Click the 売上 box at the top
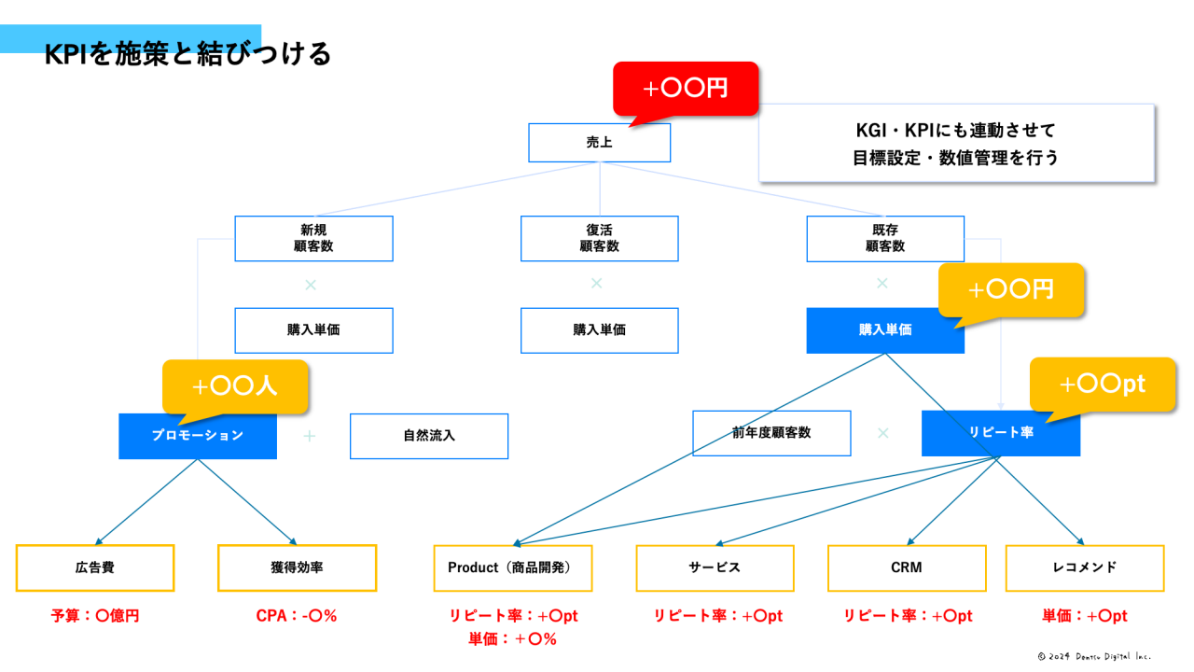(599, 143)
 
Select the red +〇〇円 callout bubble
(686, 89)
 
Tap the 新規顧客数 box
(313, 238)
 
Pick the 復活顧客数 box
(599, 238)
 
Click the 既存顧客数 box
(884, 238)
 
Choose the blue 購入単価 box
(884, 330)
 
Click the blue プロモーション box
(198, 436)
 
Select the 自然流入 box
(429, 436)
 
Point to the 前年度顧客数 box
(771, 433)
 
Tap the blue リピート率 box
(1000, 433)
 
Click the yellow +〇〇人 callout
(234, 385)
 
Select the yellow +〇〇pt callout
(1102, 384)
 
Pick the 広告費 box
(95, 567)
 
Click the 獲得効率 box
(297, 567)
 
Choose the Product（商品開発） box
(512, 567)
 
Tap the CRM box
(906, 567)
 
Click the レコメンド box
(1084, 567)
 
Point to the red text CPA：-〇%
(297, 616)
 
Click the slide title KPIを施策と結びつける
(187, 54)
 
